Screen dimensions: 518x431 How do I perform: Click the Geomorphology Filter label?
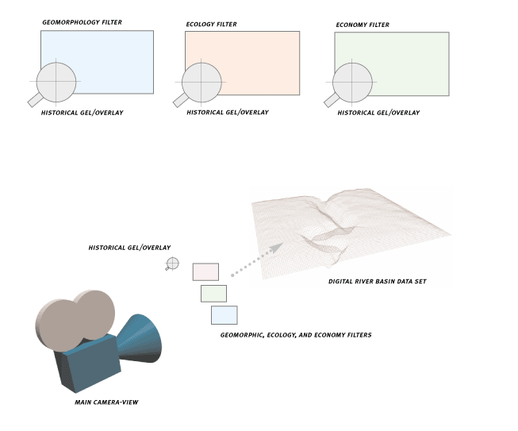[82, 22]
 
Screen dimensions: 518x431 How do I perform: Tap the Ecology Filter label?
[211, 24]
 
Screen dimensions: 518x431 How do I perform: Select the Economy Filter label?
[363, 25]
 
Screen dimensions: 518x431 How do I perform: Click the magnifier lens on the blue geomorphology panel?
[56, 82]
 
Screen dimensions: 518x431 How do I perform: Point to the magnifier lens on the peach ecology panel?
[201, 83]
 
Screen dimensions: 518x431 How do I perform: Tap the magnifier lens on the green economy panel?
[352, 83]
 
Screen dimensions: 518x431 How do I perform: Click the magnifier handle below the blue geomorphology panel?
[35, 100]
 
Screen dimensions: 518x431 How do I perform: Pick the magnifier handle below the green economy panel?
[332, 101]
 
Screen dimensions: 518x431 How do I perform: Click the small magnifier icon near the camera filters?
[172, 264]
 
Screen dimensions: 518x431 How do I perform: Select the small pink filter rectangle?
[205, 271]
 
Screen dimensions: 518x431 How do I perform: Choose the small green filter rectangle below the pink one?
[213, 294]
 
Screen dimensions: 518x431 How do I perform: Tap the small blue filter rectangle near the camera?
[224, 315]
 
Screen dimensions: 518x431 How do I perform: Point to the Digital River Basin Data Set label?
[378, 281]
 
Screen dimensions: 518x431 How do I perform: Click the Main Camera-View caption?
[106, 402]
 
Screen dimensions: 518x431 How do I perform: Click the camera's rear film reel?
[95, 314]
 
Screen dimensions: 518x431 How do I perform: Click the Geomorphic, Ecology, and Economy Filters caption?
[296, 335]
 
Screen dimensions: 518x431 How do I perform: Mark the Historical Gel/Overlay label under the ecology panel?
[228, 113]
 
